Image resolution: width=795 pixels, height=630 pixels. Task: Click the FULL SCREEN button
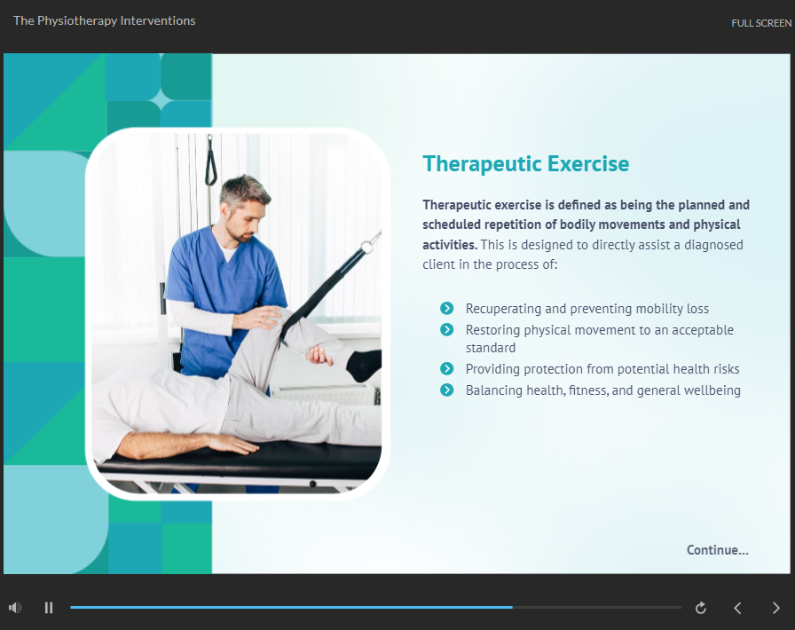(x=761, y=23)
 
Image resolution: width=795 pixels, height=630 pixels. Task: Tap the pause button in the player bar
(x=49, y=607)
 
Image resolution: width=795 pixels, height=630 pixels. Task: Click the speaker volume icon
(x=15, y=607)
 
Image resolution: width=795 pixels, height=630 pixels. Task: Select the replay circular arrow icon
(x=701, y=608)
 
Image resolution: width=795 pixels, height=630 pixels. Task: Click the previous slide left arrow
(x=737, y=608)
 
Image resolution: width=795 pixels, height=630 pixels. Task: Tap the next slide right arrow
(x=775, y=608)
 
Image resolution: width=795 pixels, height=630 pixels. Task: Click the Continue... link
(x=718, y=550)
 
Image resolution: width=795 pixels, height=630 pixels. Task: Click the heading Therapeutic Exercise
(x=526, y=164)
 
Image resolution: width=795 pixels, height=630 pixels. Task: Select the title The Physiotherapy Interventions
(x=105, y=20)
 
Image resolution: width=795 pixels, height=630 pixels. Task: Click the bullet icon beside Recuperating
(x=446, y=308)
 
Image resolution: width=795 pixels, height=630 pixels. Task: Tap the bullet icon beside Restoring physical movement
(x=446, y=330)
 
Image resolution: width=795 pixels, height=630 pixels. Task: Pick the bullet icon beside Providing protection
(x=446, y=368)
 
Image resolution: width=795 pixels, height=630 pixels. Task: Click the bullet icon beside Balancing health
(x=446, y=390)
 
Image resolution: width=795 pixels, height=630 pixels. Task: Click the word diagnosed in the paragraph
(x=714, y=245)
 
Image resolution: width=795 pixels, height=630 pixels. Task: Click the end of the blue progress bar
(x=512, y=607)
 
